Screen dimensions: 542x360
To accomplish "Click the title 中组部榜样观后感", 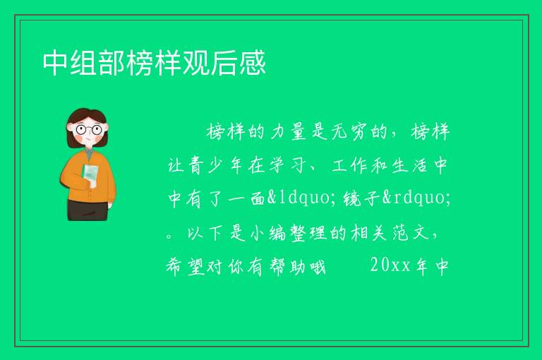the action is point(154,63).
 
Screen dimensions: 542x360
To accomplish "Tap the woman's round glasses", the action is point(89,130).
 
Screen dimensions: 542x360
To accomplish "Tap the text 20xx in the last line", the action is point(390,265).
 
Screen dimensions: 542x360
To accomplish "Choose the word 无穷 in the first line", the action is point(349,131).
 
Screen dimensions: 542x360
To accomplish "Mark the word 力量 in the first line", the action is point(288,131).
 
